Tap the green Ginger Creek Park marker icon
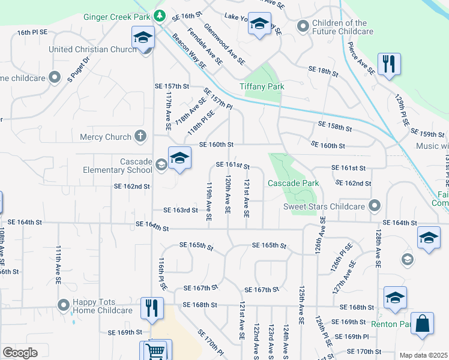click(x=159, y=14)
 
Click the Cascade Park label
click(x=292, y=182)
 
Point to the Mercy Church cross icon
click(x=140, y=136)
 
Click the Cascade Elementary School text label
click(x=119, y=166)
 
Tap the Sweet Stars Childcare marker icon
click(x=375, y=206)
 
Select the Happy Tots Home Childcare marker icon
click(x=64, y=306)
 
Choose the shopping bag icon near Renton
click(x=423, y=323)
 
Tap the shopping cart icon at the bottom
click(x=155, y=350)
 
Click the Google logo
click(x=20, y=352)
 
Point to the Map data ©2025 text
click(x=423, y=355)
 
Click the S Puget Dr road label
click(x=78, y=69)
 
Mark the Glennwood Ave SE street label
click(x=224, y=44)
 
